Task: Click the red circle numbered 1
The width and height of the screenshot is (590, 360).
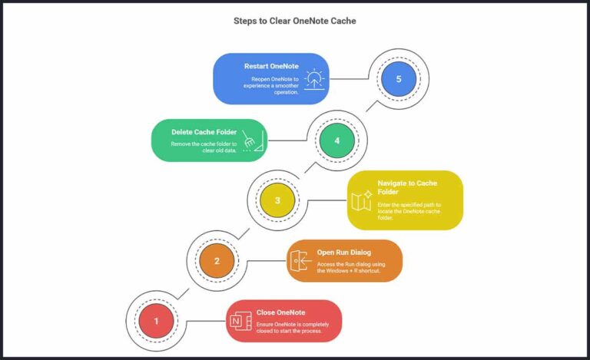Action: tap(156, 321)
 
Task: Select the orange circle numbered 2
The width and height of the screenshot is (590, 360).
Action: tap(217, 261)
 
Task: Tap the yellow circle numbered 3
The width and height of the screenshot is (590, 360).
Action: tap(277, 200)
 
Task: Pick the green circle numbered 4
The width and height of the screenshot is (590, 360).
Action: tap(337, 140)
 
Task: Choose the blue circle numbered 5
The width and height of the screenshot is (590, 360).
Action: tap(399, 79)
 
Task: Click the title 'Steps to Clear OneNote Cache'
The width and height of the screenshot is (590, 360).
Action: tap(295, 21)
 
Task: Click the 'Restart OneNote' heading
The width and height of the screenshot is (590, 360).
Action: tap(271, 66)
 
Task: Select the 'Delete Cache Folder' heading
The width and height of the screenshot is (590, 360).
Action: tap(204, 132)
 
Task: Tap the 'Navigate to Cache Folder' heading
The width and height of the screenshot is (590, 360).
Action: tap(407, 187)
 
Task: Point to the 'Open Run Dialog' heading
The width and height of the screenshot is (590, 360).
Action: tap(344, 253)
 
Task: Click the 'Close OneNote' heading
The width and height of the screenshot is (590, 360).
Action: tap(280, 312)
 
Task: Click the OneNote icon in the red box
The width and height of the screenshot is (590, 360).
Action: tap(240, 322)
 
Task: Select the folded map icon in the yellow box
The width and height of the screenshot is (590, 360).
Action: tap(362, 200)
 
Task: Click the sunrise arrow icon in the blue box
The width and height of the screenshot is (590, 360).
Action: tap(314, 79)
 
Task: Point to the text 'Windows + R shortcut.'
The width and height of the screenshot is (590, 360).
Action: tap(349, 270)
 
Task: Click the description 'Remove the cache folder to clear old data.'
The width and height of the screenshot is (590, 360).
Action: tap(204, 147)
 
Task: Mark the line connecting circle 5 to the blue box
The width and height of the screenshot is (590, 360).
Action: tap(349, 79)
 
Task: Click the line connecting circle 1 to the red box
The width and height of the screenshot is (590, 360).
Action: tap(206, 321)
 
